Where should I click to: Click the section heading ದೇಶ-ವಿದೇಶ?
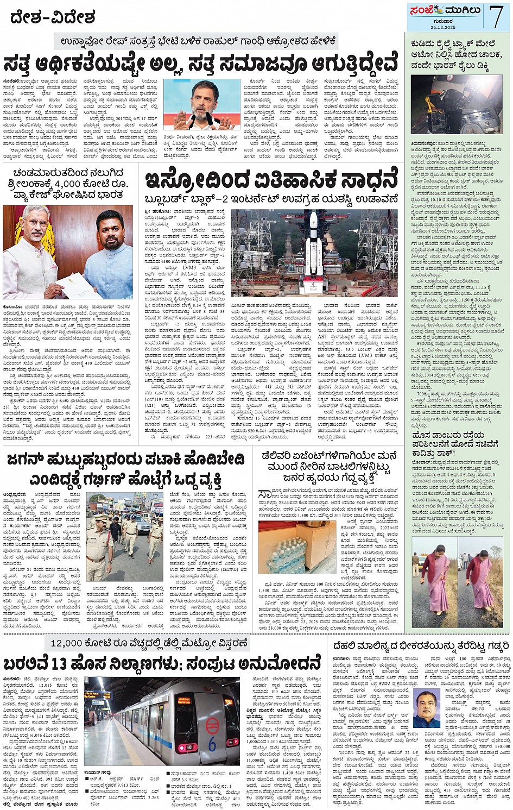click(x=53, y=17)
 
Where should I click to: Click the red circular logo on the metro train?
click(x=212, y=723)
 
